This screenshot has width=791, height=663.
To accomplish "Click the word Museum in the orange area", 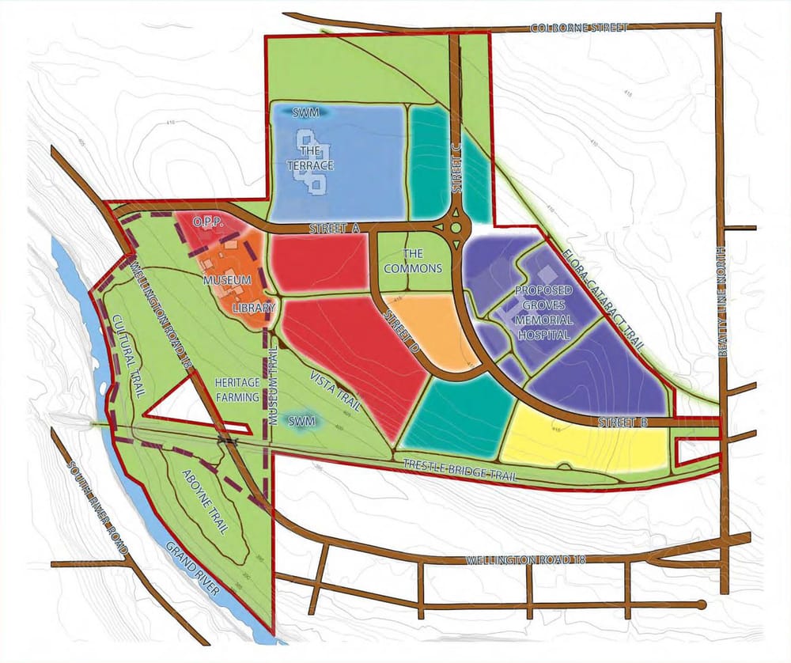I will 225,280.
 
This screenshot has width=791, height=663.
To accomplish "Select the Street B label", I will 623,422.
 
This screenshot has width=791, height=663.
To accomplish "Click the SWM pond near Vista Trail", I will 301,421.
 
